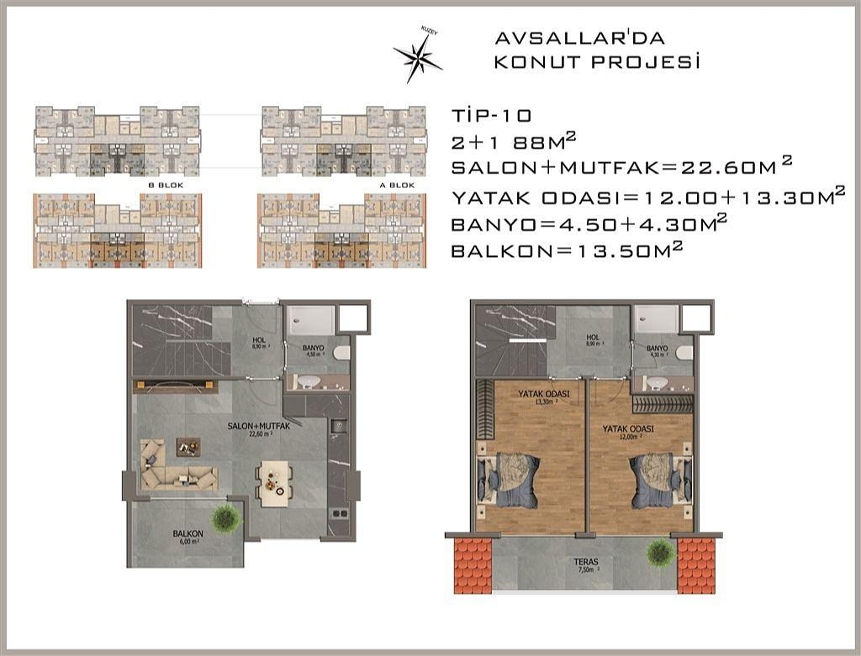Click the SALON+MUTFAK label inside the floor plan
[259, 428]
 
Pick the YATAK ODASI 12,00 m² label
[628, 431]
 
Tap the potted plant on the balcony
[226, 518]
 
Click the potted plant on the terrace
[660, 552]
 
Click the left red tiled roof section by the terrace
[472, 565]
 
